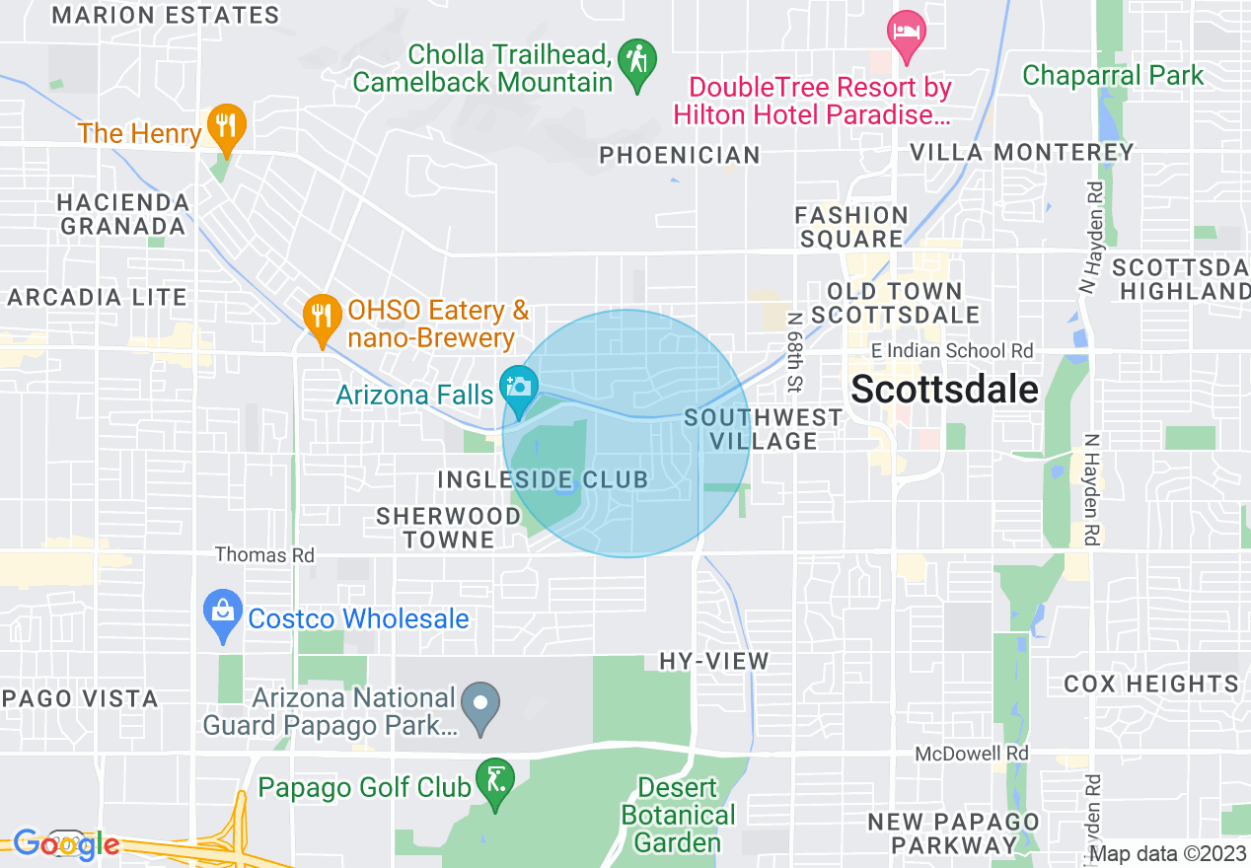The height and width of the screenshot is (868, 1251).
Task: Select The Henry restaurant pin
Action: [227, 124]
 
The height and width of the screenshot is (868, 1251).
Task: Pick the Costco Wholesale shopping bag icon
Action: [223, 611]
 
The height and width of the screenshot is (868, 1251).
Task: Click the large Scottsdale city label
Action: [944, 390]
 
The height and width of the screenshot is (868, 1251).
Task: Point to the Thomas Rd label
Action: [264, 555]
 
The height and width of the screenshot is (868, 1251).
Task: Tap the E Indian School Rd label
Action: [952, 351]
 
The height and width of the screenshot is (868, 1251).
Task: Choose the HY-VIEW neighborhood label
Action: [713, 661]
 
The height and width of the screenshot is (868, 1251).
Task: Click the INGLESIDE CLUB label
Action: [543, 480]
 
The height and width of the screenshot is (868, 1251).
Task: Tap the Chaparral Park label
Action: [1113, 75]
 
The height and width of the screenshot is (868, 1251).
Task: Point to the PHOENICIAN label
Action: [680, 155]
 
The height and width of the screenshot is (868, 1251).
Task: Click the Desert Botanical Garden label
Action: [678, 816]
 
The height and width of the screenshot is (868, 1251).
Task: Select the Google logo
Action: [65, 844]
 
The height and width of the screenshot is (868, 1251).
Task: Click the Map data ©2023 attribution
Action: [1168, 854]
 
